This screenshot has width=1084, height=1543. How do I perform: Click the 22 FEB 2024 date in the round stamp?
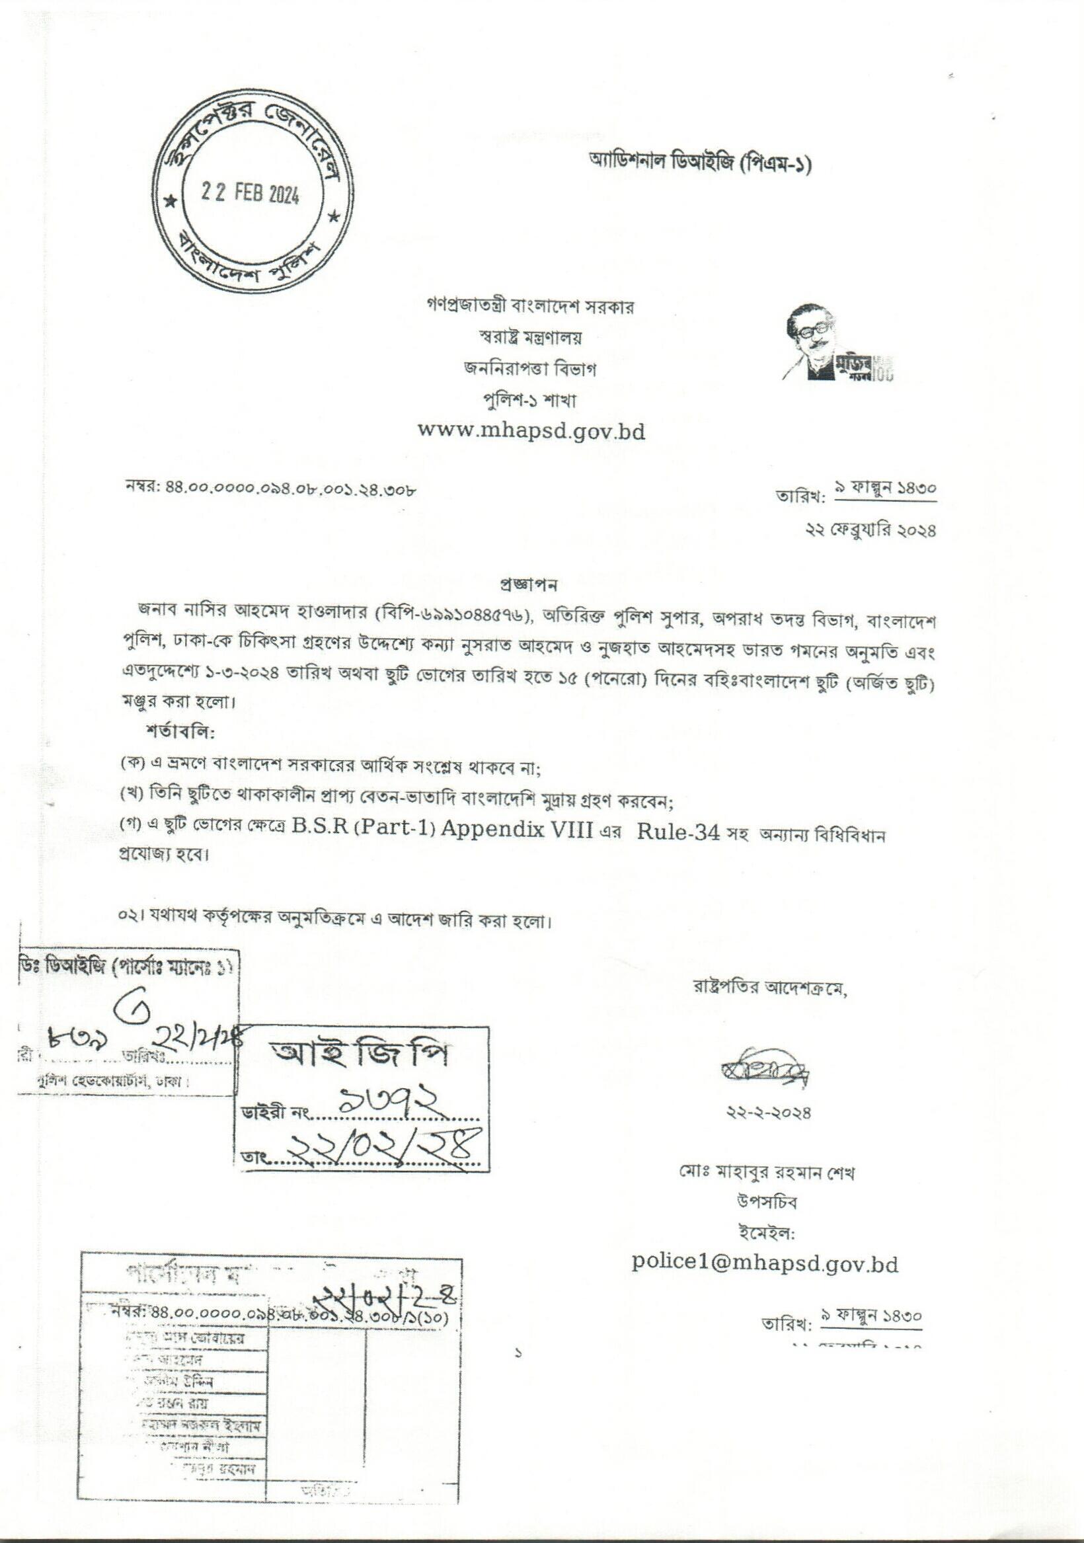[x=250, y=194]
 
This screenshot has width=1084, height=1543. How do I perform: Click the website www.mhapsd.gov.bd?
[x=531, y=430]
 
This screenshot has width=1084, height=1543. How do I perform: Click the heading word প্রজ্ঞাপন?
[x=529, y=584]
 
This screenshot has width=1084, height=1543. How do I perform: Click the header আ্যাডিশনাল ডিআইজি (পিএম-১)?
[x=699, y=162]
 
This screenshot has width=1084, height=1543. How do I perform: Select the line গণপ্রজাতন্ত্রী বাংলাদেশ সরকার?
[x=530, y=307]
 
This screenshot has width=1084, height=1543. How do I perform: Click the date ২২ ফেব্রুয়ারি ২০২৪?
[x=871, y=530]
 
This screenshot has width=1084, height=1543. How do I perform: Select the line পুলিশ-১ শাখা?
[x=530, y=401]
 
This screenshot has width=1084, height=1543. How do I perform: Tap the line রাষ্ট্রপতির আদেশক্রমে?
[x=770, y=988]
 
